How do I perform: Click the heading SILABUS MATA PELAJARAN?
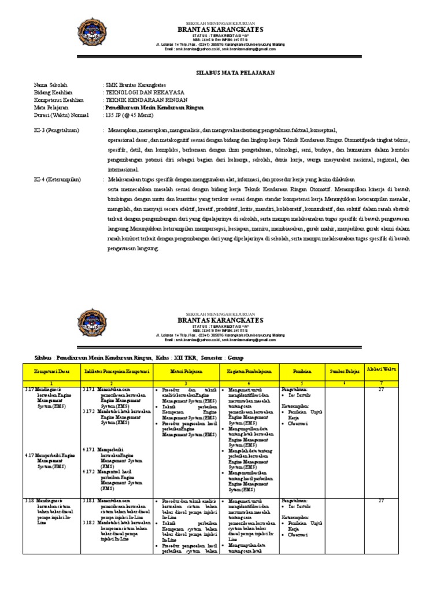233,73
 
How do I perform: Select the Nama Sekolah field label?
50,84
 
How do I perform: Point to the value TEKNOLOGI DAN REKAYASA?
144,92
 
